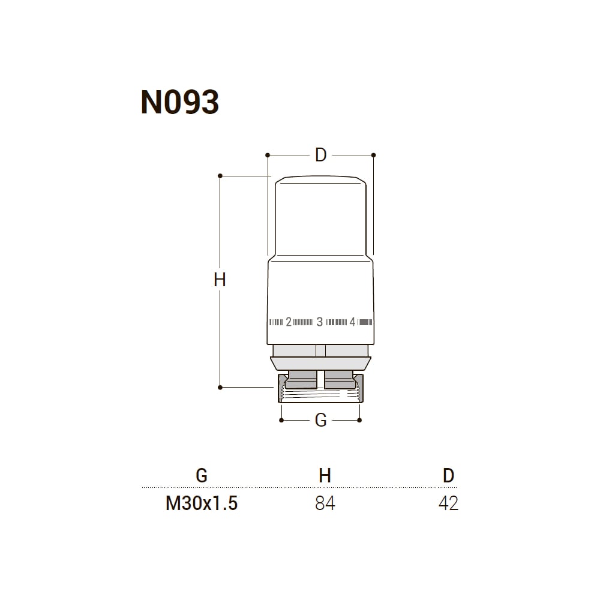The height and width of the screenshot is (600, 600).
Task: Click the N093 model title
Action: point(180,102)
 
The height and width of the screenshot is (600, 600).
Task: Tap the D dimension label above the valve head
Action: point(320,155)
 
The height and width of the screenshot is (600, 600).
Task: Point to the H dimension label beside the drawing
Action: point(220,280)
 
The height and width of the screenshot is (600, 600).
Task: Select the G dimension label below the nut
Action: point(320,420)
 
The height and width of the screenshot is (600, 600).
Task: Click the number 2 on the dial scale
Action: point(289,322)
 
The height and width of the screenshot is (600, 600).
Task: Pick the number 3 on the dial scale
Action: point(320,322)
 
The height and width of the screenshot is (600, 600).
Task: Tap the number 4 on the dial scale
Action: point(352,322)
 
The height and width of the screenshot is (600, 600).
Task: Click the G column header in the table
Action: point(202,476)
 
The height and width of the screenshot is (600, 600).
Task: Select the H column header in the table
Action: point(325,476)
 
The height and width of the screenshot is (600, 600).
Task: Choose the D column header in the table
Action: point(448,476)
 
